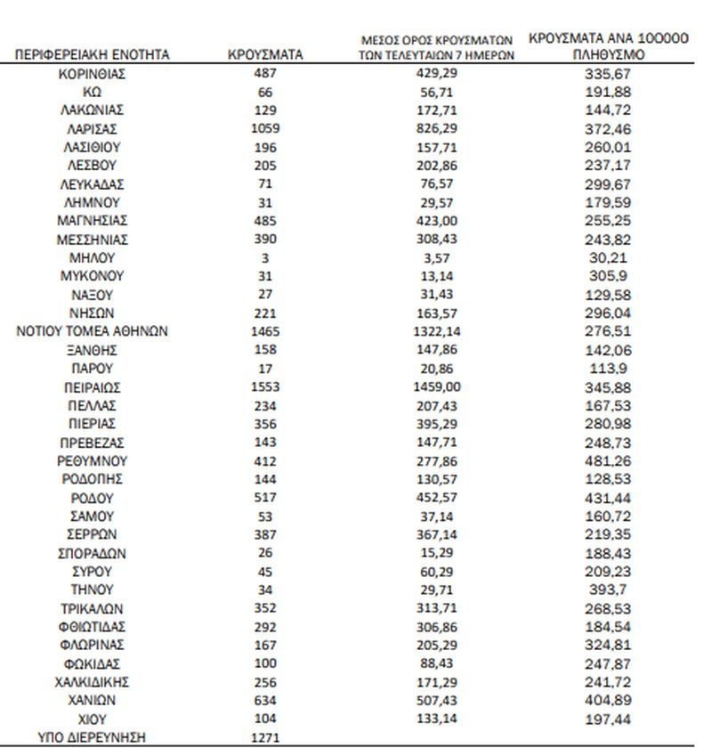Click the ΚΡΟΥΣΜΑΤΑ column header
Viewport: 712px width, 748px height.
click(x=265, y=55)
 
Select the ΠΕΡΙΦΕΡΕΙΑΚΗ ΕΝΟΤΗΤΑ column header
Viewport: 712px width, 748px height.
click(x=93, y=55)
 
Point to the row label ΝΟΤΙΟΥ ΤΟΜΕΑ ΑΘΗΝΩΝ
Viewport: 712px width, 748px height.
click(x=93, y=331)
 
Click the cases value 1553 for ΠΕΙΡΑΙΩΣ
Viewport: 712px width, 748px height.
click(x=265, y=387)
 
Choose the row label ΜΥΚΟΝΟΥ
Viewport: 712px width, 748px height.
click(x=93, y=276)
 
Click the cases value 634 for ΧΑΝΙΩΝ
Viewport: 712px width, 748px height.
click(x=265, y=700)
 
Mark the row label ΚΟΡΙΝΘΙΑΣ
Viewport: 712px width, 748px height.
click(x=93, y=74)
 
